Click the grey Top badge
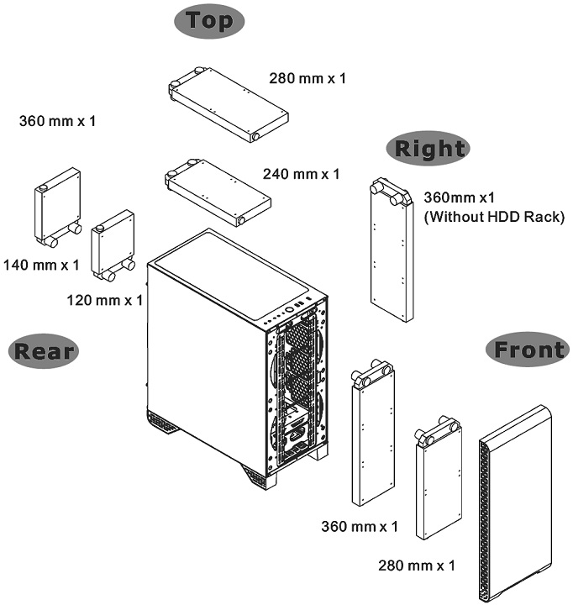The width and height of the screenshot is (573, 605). click(x=210, y=21)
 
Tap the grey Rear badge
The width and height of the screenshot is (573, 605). click(x=43, y=350)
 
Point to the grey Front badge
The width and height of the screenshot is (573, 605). click(x=528, y=350)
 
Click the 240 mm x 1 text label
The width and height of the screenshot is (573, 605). click(x=301, y=174)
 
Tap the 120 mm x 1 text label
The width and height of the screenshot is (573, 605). click(x=104, y=299)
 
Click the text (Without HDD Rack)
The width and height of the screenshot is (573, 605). click(x=476, y=217)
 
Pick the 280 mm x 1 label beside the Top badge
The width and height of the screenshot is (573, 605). click(x=308, y=79)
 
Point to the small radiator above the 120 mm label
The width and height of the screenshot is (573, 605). click(x=113, y=244)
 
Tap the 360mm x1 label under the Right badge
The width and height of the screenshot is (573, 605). click(x=459, y=199)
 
